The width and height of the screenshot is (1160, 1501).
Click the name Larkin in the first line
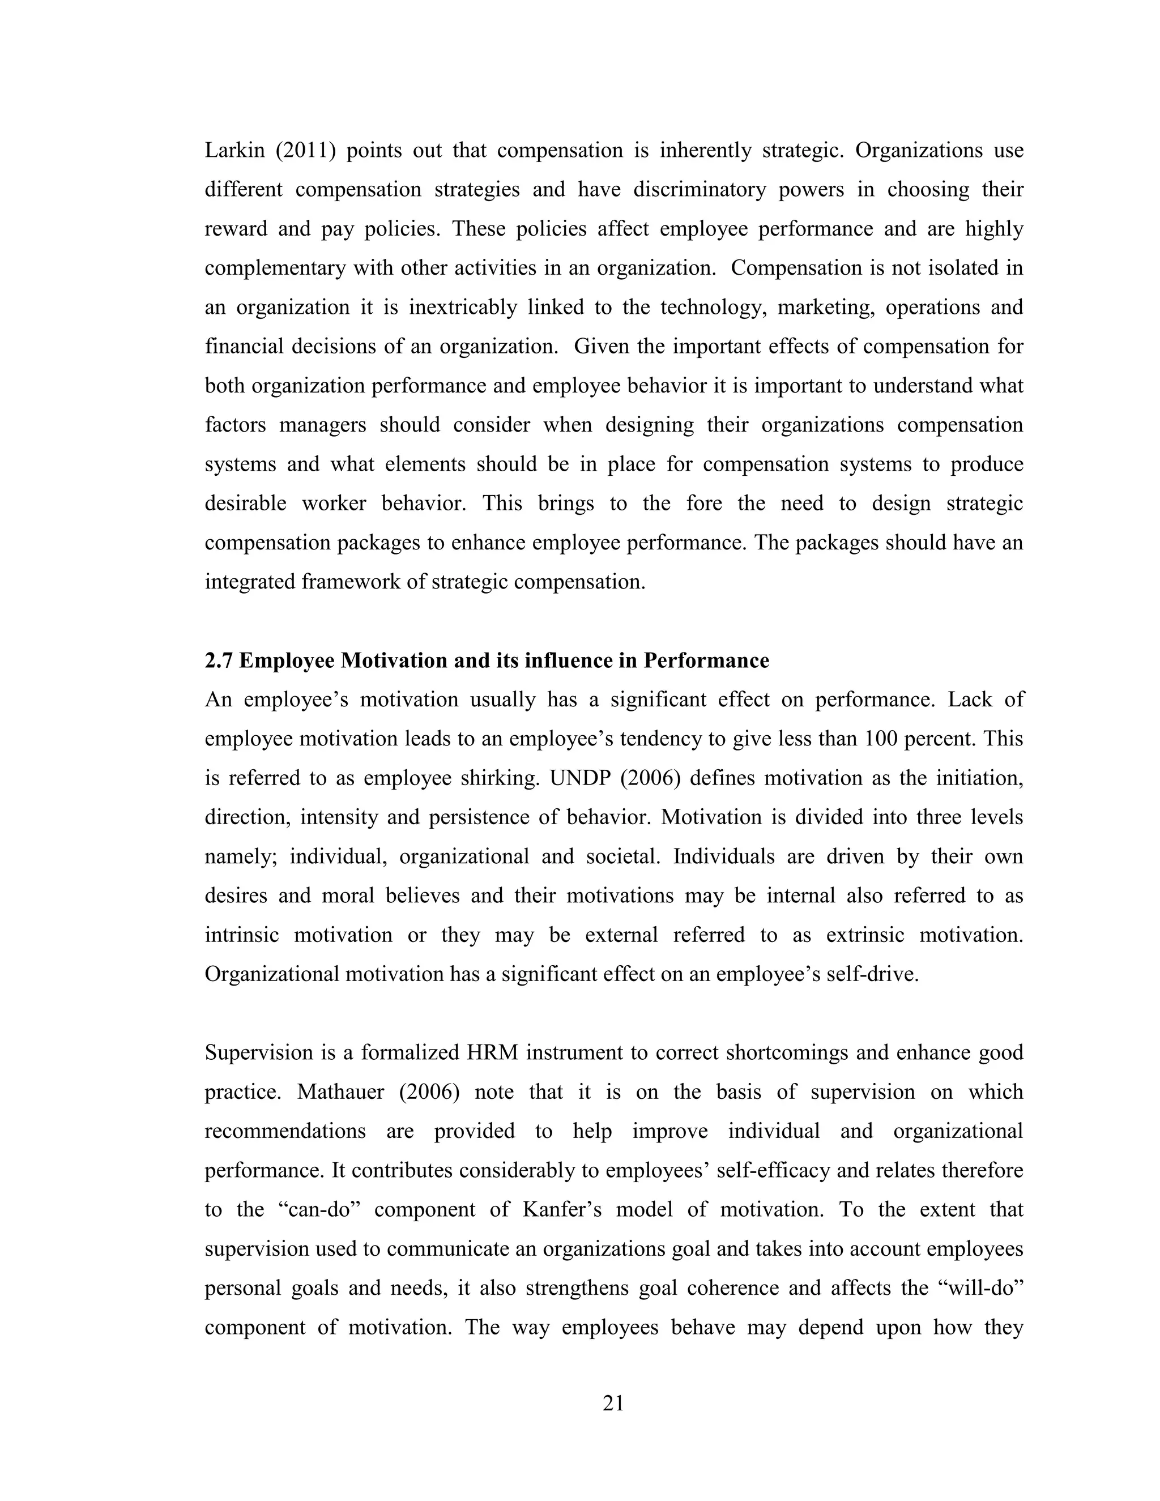point(234,151)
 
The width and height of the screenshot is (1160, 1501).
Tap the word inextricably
point(463,307)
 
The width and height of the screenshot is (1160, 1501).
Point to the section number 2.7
point(219,660)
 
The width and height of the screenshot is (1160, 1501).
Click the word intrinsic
point(241,935)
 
